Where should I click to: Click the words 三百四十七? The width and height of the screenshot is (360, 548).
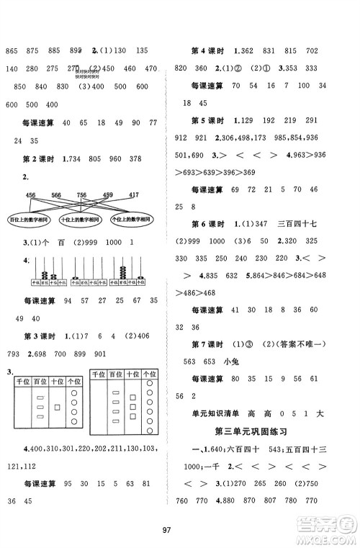(307, 222)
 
